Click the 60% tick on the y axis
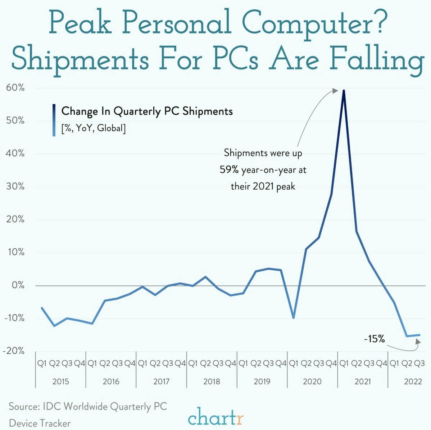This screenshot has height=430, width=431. click(15, 88)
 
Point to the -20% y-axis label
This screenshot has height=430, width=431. click(13, 351)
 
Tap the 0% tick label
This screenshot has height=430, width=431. click(17, 285)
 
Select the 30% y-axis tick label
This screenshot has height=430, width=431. click(15, 186)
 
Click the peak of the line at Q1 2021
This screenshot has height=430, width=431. click(344, 90)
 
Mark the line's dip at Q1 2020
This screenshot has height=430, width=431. click(294, 318)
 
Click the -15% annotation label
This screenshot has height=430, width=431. click(374, 339)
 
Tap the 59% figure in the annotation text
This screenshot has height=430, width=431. click(229, 169)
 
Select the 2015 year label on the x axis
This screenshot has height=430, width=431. click(60, 381)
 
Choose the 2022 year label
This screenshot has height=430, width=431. click(413, 381)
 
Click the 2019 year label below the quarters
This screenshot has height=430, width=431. click(262, 381)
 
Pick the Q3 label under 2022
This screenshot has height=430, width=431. click(419, 363)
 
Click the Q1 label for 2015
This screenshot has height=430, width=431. click(42, 363)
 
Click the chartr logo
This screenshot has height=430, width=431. click(215, 418)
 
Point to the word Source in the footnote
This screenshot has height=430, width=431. click(24, 407)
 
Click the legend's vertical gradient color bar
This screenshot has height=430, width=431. click(54, 120)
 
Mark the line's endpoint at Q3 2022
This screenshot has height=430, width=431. click(419, 335)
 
